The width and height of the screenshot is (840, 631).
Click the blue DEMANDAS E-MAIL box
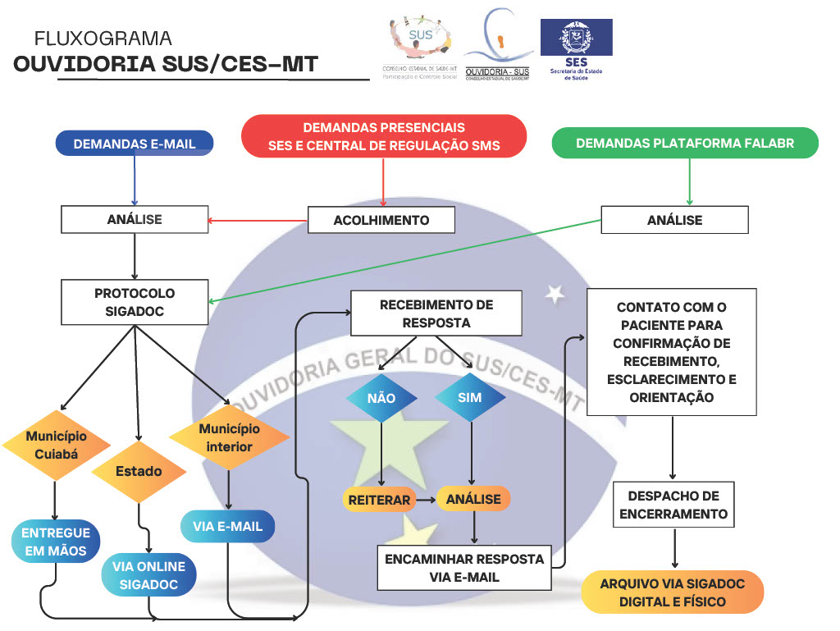pyautogui.click(x=135, y=144)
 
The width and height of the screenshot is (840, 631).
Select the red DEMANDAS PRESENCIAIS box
pyautogui.click(x=384, y=136)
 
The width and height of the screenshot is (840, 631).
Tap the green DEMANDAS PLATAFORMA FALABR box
pyautogui.click(x=685, y=143)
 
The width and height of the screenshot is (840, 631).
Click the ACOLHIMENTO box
pyautogui.click(x=381, y=220)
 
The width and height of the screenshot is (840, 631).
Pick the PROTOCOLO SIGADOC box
pyautogui.click(x=135, y=302)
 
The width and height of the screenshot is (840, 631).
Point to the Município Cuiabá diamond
pyautogui.click(x=56, y=446)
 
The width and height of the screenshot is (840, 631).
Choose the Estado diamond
pyautogui.click(x=139, y=471)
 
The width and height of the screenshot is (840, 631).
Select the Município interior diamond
pyautogui.click(x=230, y=437)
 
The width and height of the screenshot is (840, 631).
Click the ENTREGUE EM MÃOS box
pyautogui.click(x=56, y=542)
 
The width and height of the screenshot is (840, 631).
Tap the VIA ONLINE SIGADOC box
pyautogui.click(x=148, y=575)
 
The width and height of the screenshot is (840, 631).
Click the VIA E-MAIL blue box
pyautogui.click(x=228, y=526)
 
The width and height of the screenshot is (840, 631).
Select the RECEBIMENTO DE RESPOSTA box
pyautogui.click(x=436, y=313)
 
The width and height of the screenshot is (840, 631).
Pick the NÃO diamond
pyautogui.click(x=381, y=398)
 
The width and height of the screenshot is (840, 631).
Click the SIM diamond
pyautogui.click(x=470, y=398)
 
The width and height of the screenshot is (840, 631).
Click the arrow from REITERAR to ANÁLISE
pyautogui.click(x=425, y=499)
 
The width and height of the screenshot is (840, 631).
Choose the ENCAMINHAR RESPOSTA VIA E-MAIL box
pyautogui.click(x=464, y=567)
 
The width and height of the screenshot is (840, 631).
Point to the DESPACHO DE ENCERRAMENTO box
pyautogui.click(x=673, y=505)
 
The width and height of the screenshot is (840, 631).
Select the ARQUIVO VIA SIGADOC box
pyautogui.click(x=673, y=592)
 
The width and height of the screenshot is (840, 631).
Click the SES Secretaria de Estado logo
pyautogui.click(x=576, y=49)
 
